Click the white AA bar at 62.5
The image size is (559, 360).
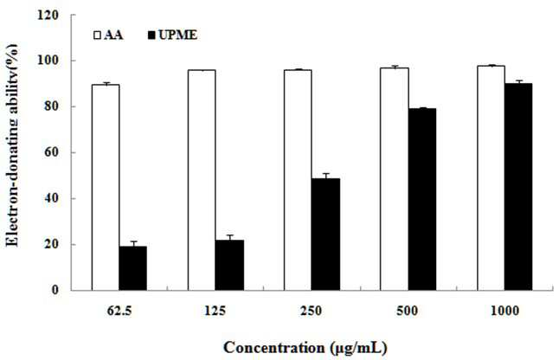106,187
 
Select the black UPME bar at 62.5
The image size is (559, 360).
133,268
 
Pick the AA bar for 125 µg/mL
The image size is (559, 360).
202,180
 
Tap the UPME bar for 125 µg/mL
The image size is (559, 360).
229,265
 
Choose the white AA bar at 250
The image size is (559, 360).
298,180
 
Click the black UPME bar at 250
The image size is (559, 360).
325,235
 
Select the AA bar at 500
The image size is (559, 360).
395,179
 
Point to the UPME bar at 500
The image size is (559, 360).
422,199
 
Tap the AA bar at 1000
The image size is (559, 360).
492,178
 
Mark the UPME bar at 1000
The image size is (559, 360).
518,187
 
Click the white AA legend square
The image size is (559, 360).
97,35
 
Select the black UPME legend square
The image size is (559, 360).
152,35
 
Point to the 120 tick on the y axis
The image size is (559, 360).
50,15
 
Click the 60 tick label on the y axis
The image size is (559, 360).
53,152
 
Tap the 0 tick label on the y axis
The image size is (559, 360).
55,290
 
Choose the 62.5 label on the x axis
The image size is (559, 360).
119,311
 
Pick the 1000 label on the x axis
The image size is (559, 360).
504,311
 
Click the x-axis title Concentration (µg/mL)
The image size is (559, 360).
305,348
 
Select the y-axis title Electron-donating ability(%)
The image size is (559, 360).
12,145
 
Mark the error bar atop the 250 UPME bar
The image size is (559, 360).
325,176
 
